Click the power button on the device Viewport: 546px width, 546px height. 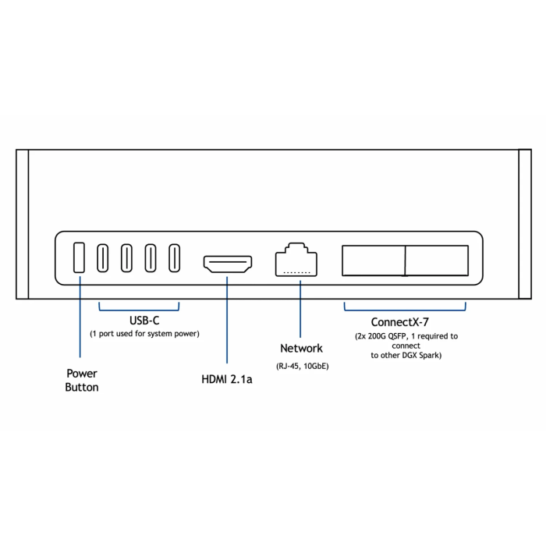(x=79, y=257)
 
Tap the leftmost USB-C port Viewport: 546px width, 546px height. (x=103, y=258)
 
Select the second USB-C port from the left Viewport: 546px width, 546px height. (x=126, y=258)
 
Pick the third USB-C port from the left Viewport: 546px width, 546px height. (x=151, y=258)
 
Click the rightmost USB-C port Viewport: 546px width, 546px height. (x=174, y=258)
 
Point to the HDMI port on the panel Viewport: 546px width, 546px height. (x=228, y=264)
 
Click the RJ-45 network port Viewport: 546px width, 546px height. (x=296, y=260)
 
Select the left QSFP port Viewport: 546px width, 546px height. (x=374, y=261)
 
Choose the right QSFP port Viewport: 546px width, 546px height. (x=437, y=261)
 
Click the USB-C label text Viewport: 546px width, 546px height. (x=144, y=321)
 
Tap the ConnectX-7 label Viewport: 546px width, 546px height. (x=399, y=322)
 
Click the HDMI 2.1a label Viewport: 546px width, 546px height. (x=227, y=379)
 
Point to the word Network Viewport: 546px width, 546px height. (x=301, y=348)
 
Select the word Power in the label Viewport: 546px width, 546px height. (x=82, y=374)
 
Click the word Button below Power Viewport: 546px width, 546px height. (x=82, y=387)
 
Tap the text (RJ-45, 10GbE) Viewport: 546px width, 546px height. (x=303, y=367)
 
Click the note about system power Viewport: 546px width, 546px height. (x=144, y=334)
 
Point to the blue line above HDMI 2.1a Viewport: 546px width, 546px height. (x=227, y=320)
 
